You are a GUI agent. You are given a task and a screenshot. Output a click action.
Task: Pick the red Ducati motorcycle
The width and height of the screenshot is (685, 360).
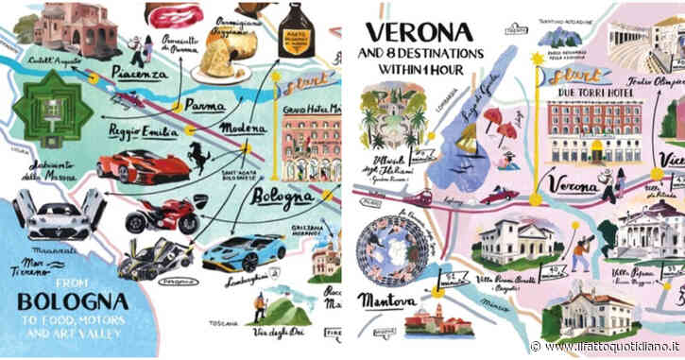[162, 216]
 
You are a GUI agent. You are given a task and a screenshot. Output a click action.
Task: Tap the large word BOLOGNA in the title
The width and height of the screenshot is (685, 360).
[73, 302]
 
